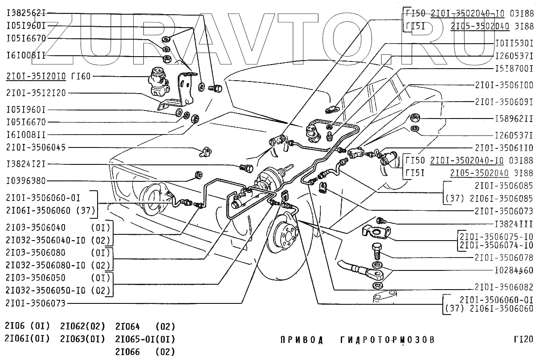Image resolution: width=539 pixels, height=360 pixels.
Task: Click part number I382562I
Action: pos(26,13)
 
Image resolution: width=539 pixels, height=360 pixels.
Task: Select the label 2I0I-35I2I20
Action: pos(36,93)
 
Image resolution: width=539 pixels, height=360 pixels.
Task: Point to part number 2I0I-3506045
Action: pos(36,147)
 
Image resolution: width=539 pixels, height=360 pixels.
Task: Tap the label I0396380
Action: pos(26,181)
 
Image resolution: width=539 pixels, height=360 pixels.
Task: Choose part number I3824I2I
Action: pos(26,164)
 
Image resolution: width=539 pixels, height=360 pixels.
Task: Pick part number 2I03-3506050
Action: pos(36,278)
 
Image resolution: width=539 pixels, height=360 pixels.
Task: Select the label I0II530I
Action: pos(514,44)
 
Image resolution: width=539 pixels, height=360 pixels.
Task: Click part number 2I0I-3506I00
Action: pos(504,85)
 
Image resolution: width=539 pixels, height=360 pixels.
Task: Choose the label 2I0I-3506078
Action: pos(504,257)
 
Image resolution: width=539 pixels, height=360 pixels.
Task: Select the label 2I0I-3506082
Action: pos(504,286)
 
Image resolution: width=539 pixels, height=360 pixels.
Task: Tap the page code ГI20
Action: pos(523,340)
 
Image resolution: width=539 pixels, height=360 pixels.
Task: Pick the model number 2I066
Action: pos(127,352)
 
